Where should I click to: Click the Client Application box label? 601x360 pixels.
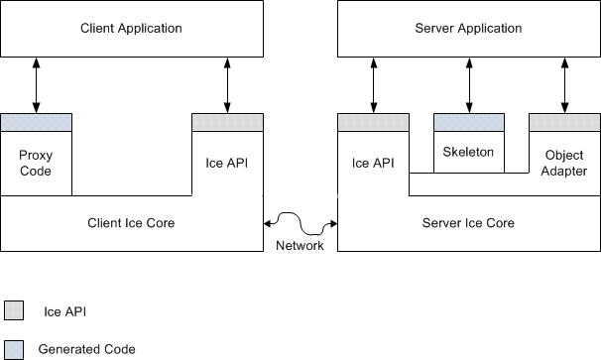point(131,28)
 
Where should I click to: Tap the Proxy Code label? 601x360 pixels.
point(35,164)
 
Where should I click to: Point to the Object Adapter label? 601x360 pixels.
point(564,164)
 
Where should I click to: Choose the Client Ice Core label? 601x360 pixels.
point(131,223)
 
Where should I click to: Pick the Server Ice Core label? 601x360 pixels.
point(469,223)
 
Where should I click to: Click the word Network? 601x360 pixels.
point(300,246)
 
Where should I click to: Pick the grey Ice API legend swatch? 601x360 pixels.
point(13,310)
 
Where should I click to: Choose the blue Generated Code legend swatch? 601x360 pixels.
point(13,349)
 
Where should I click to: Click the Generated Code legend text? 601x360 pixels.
point(86,349)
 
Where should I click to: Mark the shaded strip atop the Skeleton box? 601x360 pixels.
point(469,122)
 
